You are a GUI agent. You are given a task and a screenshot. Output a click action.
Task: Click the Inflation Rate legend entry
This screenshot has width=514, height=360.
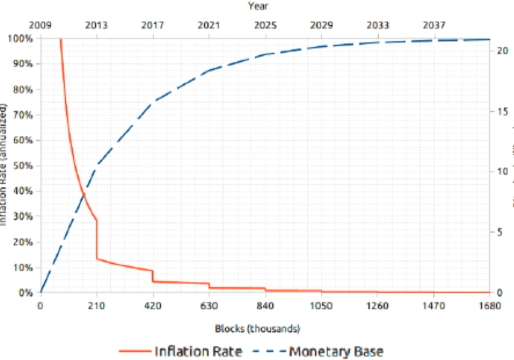point(198,351)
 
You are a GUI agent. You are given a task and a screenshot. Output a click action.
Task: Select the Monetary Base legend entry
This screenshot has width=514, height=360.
point(336,351)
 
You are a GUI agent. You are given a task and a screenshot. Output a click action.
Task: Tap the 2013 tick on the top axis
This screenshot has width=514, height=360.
point(96,25)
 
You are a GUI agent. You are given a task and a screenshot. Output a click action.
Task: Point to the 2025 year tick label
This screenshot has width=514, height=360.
point(266,25)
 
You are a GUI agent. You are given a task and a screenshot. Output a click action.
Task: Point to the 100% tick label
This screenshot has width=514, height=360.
point(21,38)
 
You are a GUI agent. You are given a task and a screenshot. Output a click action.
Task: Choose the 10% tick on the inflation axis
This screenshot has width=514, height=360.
point(23,267)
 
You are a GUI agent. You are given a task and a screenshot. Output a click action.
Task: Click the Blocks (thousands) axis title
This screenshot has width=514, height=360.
point(257,329)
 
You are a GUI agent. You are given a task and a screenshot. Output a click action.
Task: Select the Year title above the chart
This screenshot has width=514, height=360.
point(257,6)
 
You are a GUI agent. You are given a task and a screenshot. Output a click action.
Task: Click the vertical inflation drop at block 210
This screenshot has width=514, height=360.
point(97,240)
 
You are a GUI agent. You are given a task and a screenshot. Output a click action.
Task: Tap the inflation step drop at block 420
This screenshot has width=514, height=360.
point(153,277)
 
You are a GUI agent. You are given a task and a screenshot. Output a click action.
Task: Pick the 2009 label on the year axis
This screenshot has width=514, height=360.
point(40,25)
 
